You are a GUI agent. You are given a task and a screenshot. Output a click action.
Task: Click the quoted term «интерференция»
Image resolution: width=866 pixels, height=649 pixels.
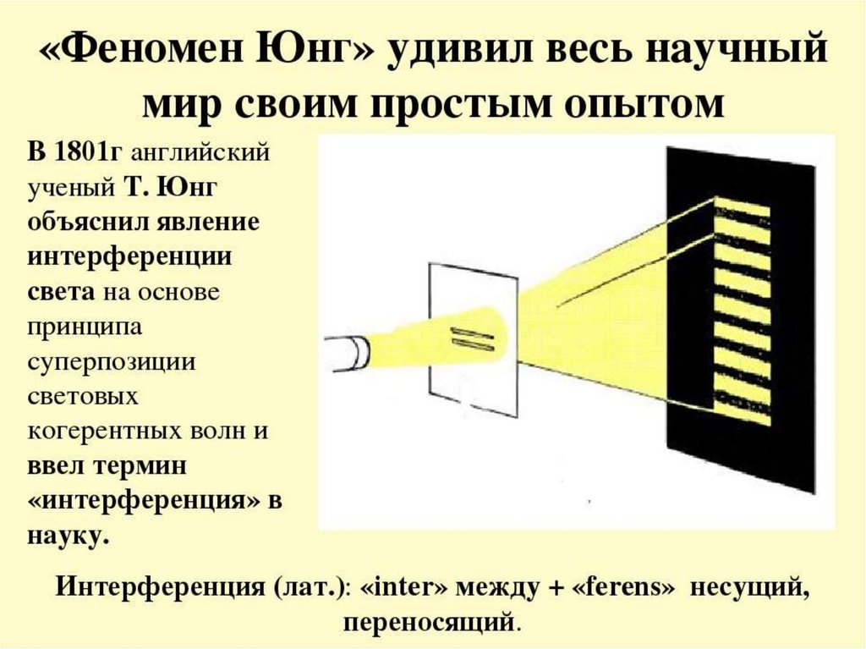142,500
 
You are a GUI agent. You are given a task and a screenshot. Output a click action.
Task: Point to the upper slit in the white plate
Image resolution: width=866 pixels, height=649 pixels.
467,329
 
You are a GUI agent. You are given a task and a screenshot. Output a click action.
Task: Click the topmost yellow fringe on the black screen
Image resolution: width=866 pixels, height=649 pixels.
742,207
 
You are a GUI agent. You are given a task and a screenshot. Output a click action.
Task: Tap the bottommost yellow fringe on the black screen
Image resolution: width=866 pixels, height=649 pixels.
742,415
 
